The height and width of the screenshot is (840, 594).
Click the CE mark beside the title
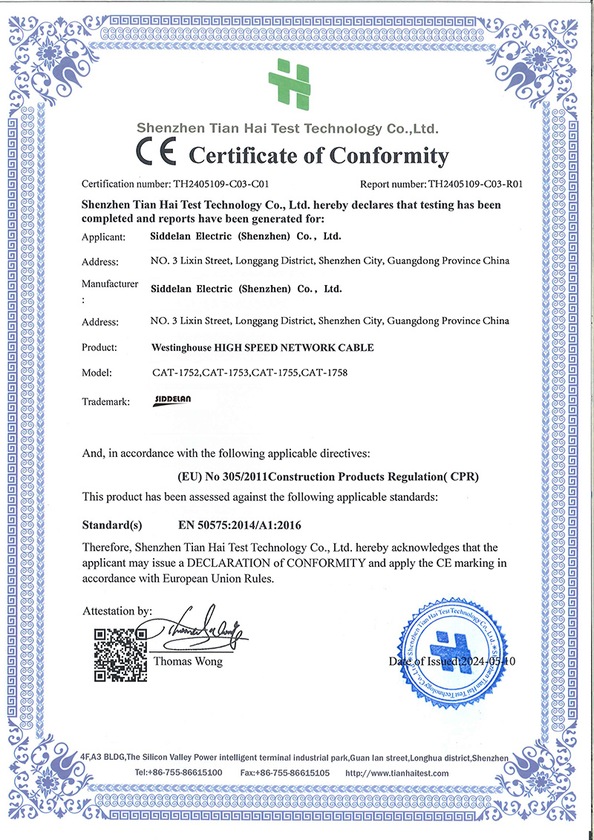(x=155, y=154)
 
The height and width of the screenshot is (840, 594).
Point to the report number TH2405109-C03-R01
(x=471, y=185)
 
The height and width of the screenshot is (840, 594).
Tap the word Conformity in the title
(x=389, y=156)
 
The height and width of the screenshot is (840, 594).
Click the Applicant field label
(x=104, y=237)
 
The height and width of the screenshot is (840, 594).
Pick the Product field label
(x=100, y=347)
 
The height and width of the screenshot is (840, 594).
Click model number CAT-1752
(x=175, y=373)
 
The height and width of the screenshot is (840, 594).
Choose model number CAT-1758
(x=322, y=373)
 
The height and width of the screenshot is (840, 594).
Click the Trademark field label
(x=106, y=401)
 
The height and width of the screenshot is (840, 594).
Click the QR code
(x=119, y=654)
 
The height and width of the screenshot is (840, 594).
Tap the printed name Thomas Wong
(x=188, y=661)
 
